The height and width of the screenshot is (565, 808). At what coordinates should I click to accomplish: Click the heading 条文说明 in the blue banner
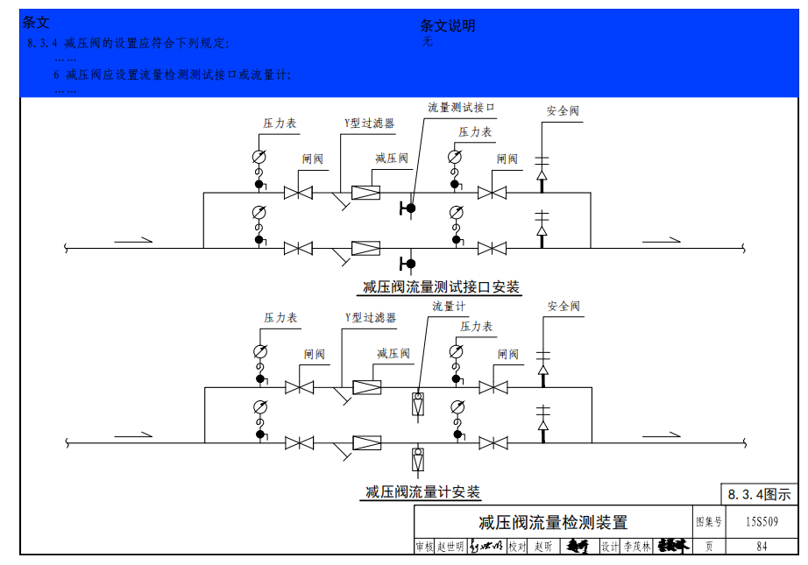pos(447,26)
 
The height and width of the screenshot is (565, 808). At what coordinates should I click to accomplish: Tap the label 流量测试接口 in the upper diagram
pos(461,108)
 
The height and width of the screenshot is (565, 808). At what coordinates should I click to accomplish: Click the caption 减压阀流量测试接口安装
pos(442,287)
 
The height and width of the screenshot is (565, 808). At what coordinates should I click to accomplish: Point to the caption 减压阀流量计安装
pos(423,492)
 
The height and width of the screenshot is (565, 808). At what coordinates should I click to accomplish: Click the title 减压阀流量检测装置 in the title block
pos(552,523)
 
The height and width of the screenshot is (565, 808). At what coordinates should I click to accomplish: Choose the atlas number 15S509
pos(761,522)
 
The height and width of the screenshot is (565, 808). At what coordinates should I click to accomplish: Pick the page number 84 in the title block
pos(761,547)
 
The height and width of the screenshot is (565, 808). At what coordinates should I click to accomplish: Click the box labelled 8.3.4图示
pos(759,495)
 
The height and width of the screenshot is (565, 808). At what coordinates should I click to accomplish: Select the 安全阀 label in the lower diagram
pos(563,307)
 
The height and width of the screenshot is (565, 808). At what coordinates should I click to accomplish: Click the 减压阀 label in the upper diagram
pos(392,159)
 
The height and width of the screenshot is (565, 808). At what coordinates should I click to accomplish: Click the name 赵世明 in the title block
pos(451,547)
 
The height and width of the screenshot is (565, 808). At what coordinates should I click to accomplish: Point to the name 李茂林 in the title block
pos(637,547)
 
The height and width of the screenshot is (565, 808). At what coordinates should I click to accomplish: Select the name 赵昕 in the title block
pos(543,547)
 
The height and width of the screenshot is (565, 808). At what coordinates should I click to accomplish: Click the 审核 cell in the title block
pos(424,547)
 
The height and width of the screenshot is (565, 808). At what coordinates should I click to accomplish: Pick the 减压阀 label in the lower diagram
pos(393,354)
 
